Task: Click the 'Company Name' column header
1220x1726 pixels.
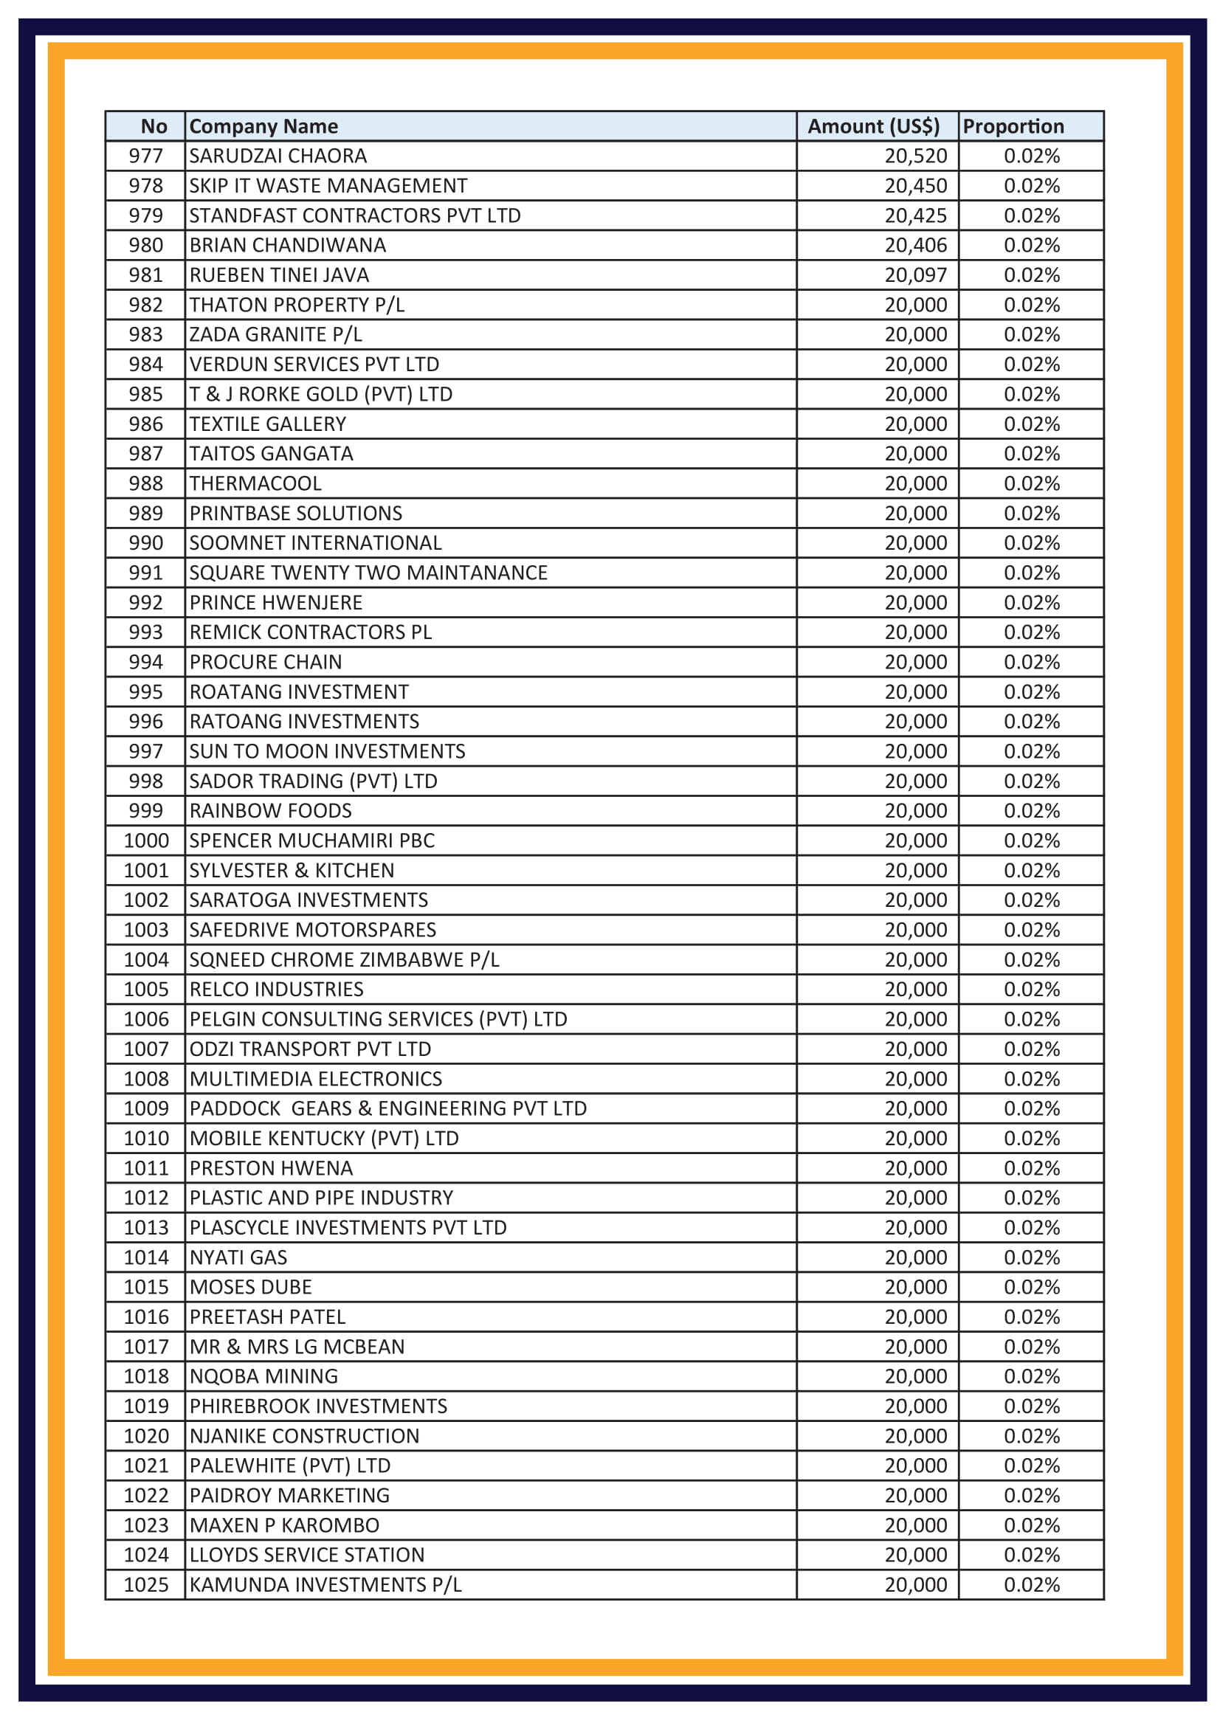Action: (x=263, y=126)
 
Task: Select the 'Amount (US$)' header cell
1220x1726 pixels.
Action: (x=872, y=126)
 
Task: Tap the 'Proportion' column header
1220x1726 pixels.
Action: (x=1013, y=126)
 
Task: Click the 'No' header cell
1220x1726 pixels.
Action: (x=154, y=126)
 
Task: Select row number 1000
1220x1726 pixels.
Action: (x=146, y=840)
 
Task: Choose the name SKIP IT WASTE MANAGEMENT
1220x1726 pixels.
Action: (x=328, y=186)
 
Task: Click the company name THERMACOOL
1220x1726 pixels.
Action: (x=255, y=483)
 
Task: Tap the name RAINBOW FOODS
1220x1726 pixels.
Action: (x=270, y=810)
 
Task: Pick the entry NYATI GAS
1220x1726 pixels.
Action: (x=238, y=1257)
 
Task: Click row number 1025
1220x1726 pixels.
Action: (x=146, y=1584)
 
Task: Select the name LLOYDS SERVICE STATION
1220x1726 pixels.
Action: (x=307, y=1555)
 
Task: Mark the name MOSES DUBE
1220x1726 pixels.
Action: (x=250, y=1287)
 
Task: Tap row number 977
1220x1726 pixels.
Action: (x=146, y=156)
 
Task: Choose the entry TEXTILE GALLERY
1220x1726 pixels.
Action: (x=268, y=424)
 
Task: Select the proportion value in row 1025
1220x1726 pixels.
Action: (x=1031, y=1584)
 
